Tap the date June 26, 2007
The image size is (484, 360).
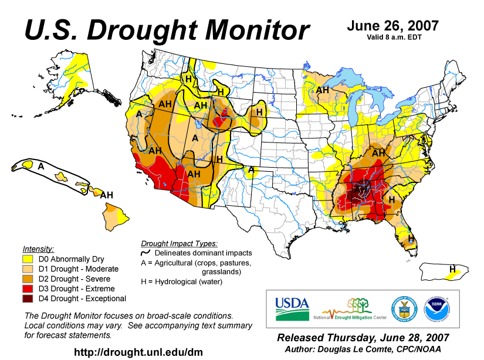point(392,26)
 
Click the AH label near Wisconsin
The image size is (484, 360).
point(323,90)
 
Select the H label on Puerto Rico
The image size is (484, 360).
point(452,269)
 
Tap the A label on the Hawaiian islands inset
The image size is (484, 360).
point(40,167)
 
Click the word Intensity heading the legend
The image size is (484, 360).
point(38,249)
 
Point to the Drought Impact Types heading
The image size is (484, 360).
point(180,243)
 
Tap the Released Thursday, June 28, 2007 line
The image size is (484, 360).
point(363,338)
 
